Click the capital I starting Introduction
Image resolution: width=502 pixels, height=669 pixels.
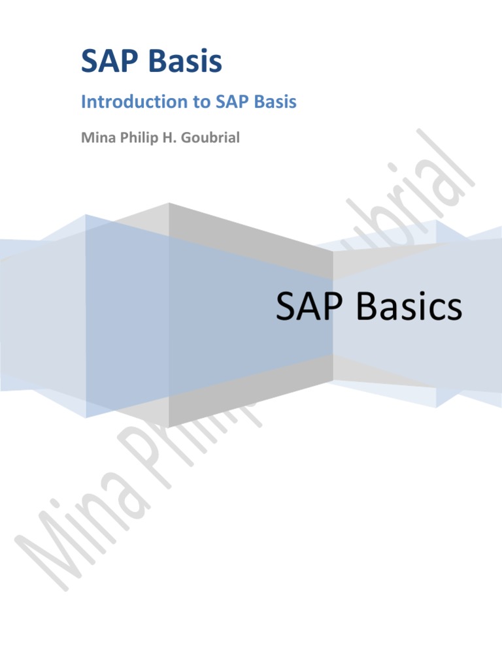83,102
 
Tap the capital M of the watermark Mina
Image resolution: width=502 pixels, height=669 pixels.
46,555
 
